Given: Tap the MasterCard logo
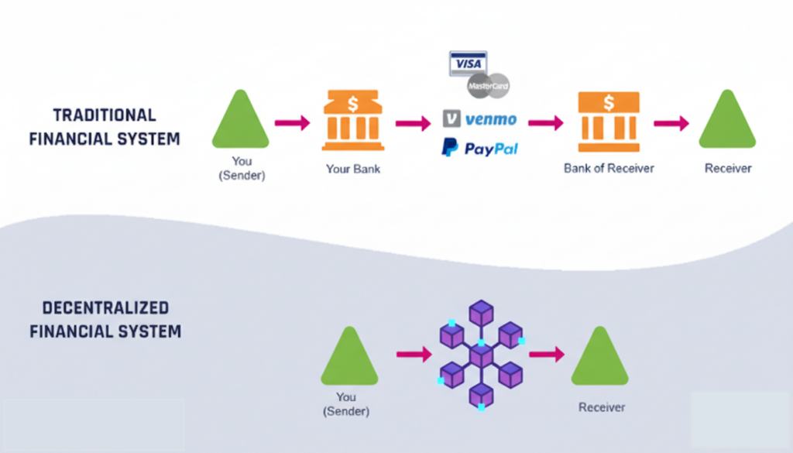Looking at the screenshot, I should pyautogui.click(x=489, y=85).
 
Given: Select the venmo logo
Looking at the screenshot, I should pyautogui.click(x=479, y=119).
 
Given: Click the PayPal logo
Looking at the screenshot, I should pyautogui.click(x=479, y=148).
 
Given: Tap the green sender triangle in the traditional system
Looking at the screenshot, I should pyautogui.click(x=241, y=122).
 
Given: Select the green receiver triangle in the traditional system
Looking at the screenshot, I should pyautogui.click(x=727, y=122).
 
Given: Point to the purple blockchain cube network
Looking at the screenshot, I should pyautogui.click(x=481, y=355).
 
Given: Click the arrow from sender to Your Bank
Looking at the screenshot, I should pyautogui.click(x=292, y=122).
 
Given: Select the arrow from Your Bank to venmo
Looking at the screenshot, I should pyautogui.click(x=413, y=122).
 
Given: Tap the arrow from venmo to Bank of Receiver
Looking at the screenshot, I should pyautogui.click(x=545, y=122).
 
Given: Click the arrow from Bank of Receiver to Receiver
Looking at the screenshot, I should pyautogui.click(x=671, y=122).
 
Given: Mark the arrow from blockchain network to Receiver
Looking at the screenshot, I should pyautogui.click(x=547, y=354).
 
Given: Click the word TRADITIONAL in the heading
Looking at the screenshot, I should pyautogui.click(x=105, y=115).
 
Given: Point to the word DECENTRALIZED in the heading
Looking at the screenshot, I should pyautogui.click(x=105, y=307).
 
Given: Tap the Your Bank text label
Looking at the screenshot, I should pyautogui.click(x=353, y=168).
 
